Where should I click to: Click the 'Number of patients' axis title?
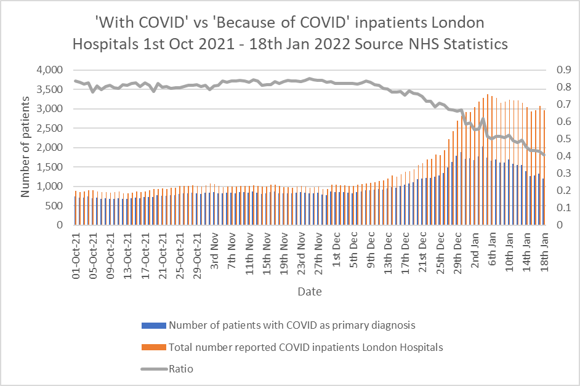pyautogui.click(x=25, y=148)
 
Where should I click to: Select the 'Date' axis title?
pyautogui.click(x=309, y=291)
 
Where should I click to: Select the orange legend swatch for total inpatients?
pyautogui.click(x=153, y=347)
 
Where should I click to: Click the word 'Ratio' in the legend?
pyautogui.click(x=181, y=369)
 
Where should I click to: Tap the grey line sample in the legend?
pyautogui.click(x=153, y=369)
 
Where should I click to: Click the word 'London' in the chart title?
pyautogui.click(x=456, y=23)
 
